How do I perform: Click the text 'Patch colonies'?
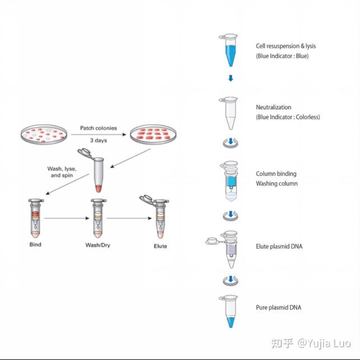pos(98,128)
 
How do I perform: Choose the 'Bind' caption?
pos(35,245)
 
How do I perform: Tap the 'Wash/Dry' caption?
pos(97,245)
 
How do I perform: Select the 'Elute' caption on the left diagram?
pos(160,246)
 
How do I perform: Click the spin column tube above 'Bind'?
pos(35,219)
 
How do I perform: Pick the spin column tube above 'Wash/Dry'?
pos(98,219)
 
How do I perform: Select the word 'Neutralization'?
pos(274,107)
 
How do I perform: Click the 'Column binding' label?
pos(276,174)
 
